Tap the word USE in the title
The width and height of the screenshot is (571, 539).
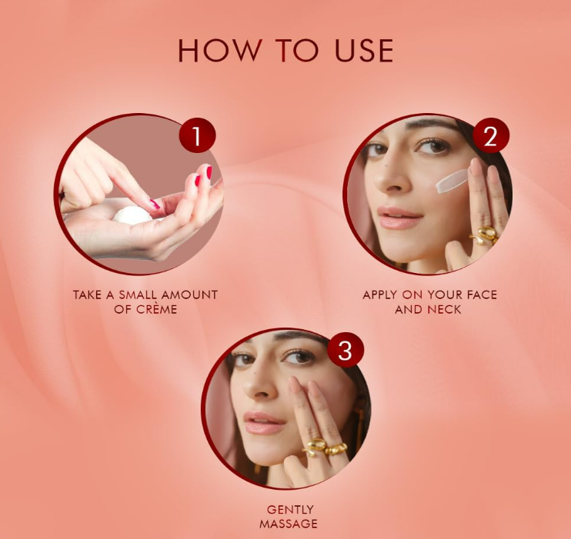click(x=364, y=50)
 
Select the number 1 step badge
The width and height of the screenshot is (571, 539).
click(x=197, y=135)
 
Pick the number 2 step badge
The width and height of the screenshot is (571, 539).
click(x=490, y=135)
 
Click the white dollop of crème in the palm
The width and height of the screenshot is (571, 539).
click(x=133, y=215)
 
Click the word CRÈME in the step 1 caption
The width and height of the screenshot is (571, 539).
click(x=157, y=309)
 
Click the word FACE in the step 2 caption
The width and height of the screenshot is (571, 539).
click(x=482, y=294)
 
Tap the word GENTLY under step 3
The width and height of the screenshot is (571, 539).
click(x=290, y=509)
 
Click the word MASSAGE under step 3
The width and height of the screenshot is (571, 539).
click(x=289, y=524)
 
